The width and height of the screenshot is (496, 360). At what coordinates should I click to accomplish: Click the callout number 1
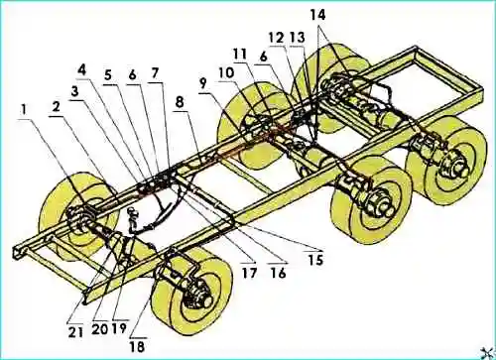pyautogui.click(x=24, y=110)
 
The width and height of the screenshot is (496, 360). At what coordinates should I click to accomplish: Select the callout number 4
pyautogui.click(x=82, y=70)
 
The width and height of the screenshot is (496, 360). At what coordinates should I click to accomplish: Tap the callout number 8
pyautogui.click(x=179, y=103)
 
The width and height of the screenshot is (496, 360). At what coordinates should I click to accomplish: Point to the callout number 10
pyautogui.click(x=226, y=72)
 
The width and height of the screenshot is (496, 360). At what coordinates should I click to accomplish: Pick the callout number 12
pyautogui.click(x=277, y=39)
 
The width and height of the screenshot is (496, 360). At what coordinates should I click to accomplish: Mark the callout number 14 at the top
pyautogui.click(x=317, y=15)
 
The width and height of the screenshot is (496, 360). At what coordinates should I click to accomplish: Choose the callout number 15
pyautogui.click(x=314, y=260)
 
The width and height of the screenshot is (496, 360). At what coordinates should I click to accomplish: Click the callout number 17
pyautogui.click(x=249, y=273)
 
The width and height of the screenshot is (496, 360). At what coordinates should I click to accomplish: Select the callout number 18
pyautogui.click(x=137, y=347)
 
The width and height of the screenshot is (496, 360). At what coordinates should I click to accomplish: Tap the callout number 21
pyautogui.click(x=75, y=332)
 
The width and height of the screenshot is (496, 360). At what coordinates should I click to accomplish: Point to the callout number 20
pyautogui.click(x=100, y=329)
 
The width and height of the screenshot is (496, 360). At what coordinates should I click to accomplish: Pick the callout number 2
pyautogui.click(x=56, y=107)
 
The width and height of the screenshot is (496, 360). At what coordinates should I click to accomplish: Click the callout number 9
pyautogui.click(x=202, y=83)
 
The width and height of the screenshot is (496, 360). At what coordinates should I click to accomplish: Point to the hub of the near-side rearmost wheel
pyautogui.click(x=459, y=170)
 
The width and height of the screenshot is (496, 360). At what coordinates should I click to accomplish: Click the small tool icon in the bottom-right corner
pyautogui.click(x=489, y=353)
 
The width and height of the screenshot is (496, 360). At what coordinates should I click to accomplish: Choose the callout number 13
pyautogui.click(x=298, y=38)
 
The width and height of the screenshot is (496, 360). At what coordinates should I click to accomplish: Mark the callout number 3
pyautogui.click(x=75, y=91)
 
